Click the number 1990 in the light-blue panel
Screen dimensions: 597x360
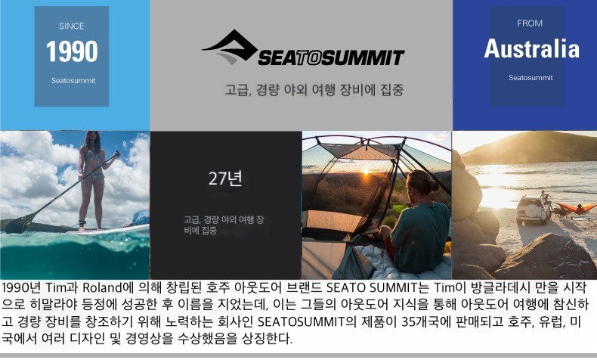[72, 51]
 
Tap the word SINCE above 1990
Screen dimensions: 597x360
[72, 26]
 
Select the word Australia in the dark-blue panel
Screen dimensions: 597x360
[531, 48]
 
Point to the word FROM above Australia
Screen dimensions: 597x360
[530, 23]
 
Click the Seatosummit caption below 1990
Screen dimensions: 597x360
[73, 80]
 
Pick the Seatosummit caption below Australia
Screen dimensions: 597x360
[530, 78]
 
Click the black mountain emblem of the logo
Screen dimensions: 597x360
[230, 47]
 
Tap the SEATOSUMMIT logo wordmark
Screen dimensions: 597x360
[331, 58]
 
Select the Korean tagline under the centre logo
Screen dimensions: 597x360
[314, 90]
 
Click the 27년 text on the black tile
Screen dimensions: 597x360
[225, 178]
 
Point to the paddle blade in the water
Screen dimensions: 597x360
[18, 225]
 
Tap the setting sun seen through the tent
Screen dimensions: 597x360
[366, 172]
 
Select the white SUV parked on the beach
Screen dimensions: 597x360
[533, 210]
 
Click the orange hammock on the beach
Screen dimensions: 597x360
[575, 209]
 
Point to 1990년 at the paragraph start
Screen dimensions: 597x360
[22, 287]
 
